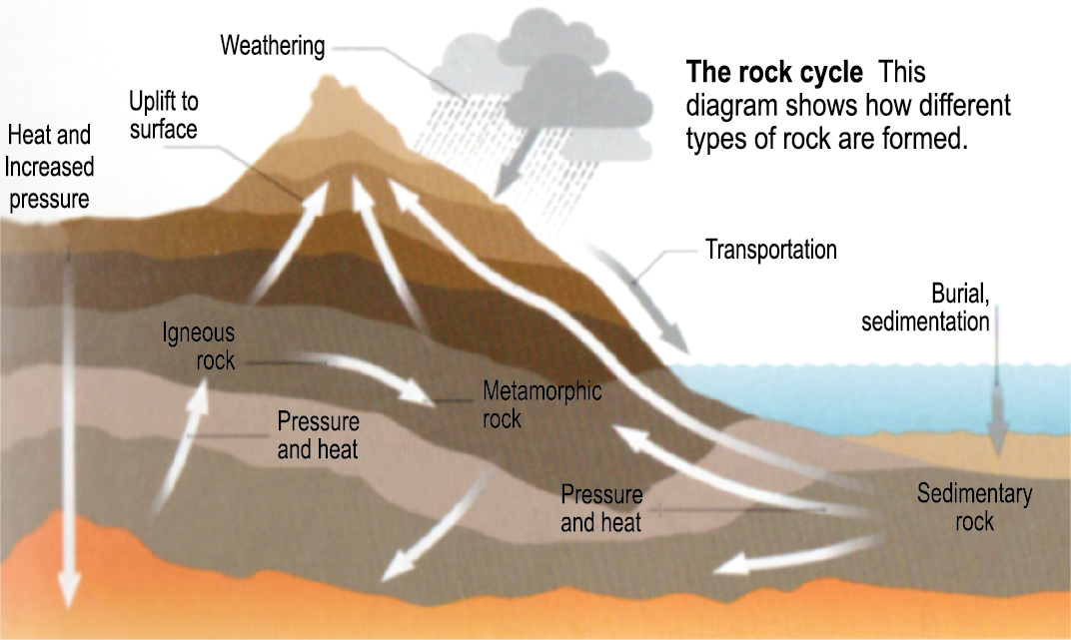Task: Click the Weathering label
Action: [273, 46]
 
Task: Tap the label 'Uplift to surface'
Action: [163, 115]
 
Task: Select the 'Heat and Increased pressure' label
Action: [49, 167]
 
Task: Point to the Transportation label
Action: [770, 249]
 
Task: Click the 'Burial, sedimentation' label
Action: [925, 308]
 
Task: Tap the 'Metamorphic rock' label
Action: [541, 403]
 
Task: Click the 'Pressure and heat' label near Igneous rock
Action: [318, 435]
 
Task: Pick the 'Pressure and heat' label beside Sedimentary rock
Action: [601, 508]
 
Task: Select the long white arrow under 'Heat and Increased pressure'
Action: [68, 429]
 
